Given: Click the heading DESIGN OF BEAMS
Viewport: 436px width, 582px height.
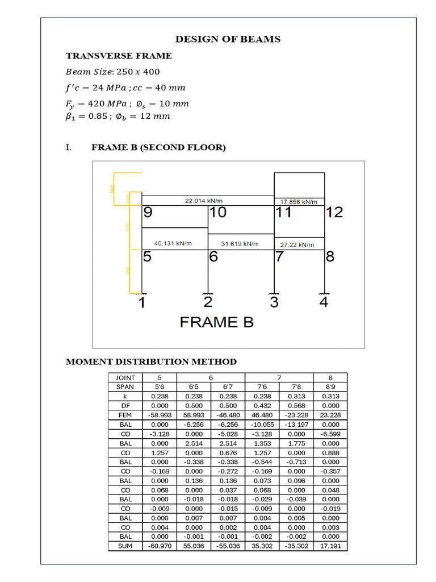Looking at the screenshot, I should [228, 39].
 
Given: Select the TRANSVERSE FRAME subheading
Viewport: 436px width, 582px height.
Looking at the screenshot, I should [119, 56].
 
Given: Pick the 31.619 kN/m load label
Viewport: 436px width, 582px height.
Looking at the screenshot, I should [240, 244].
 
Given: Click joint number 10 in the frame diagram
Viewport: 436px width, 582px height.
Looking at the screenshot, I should [217, 213].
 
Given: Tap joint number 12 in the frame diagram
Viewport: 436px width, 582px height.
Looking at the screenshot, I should [334, 213].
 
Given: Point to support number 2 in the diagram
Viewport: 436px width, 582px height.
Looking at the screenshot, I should [208, 302].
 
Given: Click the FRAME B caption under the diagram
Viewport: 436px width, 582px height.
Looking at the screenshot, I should [217, 322].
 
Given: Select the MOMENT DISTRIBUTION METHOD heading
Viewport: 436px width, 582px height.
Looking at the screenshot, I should [151, 362].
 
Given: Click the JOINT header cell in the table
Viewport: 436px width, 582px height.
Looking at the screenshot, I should [125, 377].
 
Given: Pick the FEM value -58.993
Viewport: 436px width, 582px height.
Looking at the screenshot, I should [160, 415].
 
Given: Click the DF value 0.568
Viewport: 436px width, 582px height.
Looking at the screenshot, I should [296, 406].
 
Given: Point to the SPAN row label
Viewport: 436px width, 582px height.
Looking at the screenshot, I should [125, 386].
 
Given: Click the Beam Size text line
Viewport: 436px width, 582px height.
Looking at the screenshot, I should [113, 72].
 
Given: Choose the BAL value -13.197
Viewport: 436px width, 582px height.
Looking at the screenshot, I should [296, 424].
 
